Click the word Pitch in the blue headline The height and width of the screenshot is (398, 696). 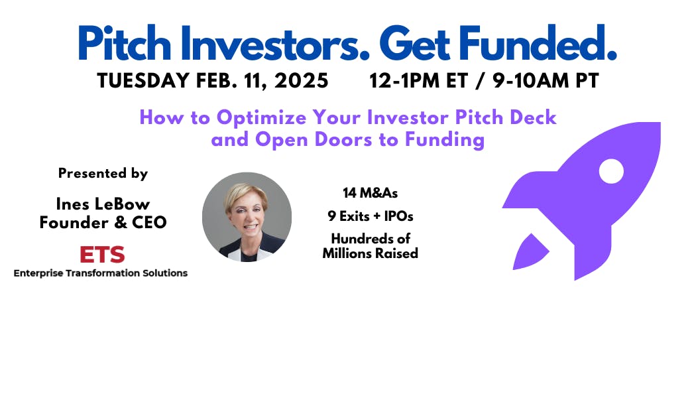pos(125,43)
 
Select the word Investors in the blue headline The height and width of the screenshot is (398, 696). pos(274,43)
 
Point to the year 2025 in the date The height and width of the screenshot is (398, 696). pos(302,82)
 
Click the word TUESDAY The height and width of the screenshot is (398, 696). pos(144,82)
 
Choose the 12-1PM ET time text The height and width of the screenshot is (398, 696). pos(418,82)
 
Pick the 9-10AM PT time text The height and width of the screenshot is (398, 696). pos(546,82)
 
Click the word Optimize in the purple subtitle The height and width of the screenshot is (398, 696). pos(261,117)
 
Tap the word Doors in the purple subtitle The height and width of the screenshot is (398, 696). pos(343,139)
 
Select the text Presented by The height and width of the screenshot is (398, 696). pos(103,173)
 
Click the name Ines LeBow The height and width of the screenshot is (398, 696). pos(103,204)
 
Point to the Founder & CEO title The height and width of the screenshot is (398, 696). pos(103,222)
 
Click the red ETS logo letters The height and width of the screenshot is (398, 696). pos(102,255)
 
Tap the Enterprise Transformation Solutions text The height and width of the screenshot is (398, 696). pos(101,273)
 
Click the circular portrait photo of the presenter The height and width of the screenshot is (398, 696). pos(247,217)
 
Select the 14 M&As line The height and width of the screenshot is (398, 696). pos(370,193)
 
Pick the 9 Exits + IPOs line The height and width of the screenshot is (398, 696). pos(370,216)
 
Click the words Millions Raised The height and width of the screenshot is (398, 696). pos(370,253)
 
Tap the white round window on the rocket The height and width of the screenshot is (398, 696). pos(611,171)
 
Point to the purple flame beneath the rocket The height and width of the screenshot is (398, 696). pos(529,253)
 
